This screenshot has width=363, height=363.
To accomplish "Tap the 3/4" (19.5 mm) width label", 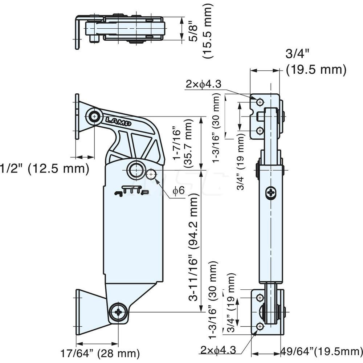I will tap(315, 62).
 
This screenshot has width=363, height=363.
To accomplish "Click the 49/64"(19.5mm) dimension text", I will tap(322, 351).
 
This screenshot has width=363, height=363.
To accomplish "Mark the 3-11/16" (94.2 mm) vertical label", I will tap(194, 247).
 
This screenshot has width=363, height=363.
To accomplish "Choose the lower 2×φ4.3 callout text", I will tap(218, 350).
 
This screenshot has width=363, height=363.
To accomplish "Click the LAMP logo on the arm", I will tap(118, 121).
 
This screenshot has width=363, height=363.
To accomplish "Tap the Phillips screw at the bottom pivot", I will tap(118, 311).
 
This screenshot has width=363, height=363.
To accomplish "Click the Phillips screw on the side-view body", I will tap(271, 192).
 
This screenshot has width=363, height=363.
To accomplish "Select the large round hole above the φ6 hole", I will tap(136, 170).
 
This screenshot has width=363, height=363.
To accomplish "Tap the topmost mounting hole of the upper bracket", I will tap(260, 102).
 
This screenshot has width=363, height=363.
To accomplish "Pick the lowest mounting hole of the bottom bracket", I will tap(260, 327).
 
